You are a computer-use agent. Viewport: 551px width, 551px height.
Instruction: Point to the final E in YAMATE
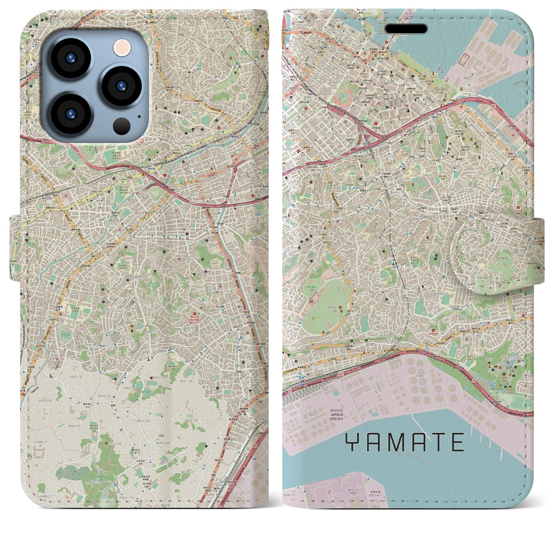458,442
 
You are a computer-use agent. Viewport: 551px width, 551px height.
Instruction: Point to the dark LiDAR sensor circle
122,126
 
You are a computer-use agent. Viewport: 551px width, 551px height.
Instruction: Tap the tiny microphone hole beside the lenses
139,116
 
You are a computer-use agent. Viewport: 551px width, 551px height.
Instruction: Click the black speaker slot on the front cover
406,29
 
